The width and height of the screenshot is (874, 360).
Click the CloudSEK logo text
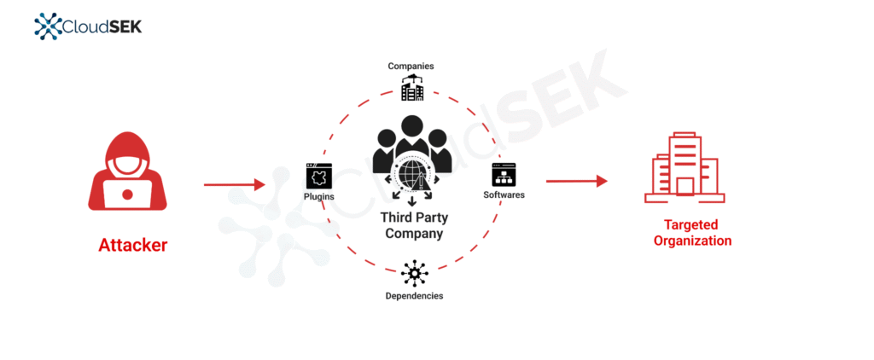pyautogui.click(x=102, y=26)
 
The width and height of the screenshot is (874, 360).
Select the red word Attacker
pyautogui.click(x=132, y=245)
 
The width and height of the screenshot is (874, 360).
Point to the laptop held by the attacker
pyautogui.click(x=127, y=195)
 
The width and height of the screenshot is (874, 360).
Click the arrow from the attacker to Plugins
pyautogui.click(x=234, y=184)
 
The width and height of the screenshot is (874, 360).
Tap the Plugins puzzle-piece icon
pyautogui.click(x=319, y=176)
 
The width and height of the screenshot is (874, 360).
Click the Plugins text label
pyautogui.click(x=319, y=197)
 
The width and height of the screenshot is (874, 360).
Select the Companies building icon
pyautogui.click(x=412, y=88)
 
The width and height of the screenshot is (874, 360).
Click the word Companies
pyautogui.click(x=411, y=67)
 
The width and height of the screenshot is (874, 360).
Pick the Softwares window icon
pyautogui.click(x=504, y=174)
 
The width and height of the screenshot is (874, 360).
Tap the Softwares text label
pyautogui.click(x=504, y=195)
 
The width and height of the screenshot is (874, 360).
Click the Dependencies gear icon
pyautogui.click(x=414, y=273)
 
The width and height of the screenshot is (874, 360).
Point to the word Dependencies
pyautogui.click(x=414, y=296)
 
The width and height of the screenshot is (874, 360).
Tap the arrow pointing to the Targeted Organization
pyautogui.click(x=576, y=181)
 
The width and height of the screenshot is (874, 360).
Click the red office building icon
pyautogui.click(x=685, y=167)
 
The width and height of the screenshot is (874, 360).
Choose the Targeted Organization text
pyautogui.click(x=692, y=233)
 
